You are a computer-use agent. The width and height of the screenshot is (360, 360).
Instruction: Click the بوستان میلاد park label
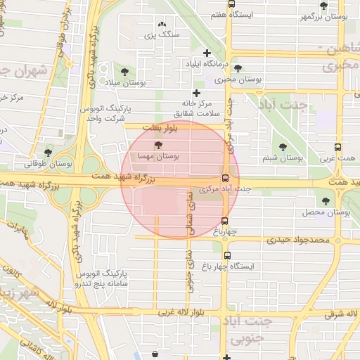click(124, 83)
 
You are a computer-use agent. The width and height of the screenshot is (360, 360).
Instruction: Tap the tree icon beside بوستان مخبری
click(239, 69)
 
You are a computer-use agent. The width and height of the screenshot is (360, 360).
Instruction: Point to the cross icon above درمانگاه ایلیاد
click(207, 53)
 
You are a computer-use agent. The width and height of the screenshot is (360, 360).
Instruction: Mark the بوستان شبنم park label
click(283, 158)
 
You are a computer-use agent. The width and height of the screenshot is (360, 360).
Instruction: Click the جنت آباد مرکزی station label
click(225, 189)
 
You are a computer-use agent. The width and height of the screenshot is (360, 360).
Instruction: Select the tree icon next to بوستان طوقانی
click(49, 152)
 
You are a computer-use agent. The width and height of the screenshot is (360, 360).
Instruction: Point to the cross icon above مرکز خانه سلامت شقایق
click(196, 93)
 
